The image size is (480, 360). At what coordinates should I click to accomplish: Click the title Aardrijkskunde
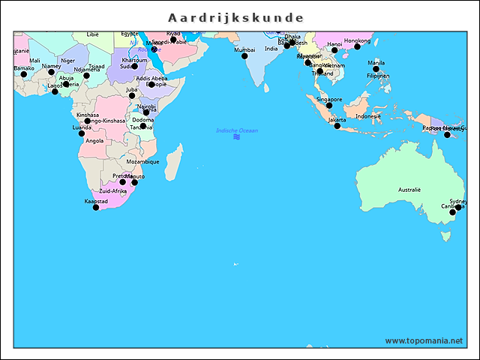[235, 17]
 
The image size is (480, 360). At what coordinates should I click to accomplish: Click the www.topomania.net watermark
[424, 340]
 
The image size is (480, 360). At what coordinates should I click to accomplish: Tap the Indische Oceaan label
[237, 130]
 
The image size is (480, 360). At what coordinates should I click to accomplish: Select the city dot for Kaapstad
[95, 207]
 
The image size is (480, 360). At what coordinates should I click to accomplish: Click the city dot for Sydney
[452, 213]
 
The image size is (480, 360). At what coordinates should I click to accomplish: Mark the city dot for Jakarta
[337, 126]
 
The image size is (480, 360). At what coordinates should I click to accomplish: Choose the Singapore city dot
[328, 105]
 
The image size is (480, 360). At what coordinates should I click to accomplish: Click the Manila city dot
[376, 69]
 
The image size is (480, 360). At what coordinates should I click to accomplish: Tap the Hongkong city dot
[357, 46]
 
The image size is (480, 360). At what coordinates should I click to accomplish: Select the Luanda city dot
[82, 133]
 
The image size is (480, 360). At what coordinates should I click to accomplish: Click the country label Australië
[409, 190]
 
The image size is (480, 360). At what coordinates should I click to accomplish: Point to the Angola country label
[94, 141]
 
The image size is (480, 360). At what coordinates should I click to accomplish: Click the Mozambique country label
[142, 161]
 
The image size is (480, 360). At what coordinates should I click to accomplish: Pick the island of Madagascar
[173, 160]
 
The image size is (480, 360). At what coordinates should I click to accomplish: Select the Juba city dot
[132, 95]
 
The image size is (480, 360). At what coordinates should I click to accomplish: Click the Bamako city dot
[23, 74]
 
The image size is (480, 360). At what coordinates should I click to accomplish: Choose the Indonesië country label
[368, 116]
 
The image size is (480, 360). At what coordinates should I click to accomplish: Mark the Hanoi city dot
[334, 49]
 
